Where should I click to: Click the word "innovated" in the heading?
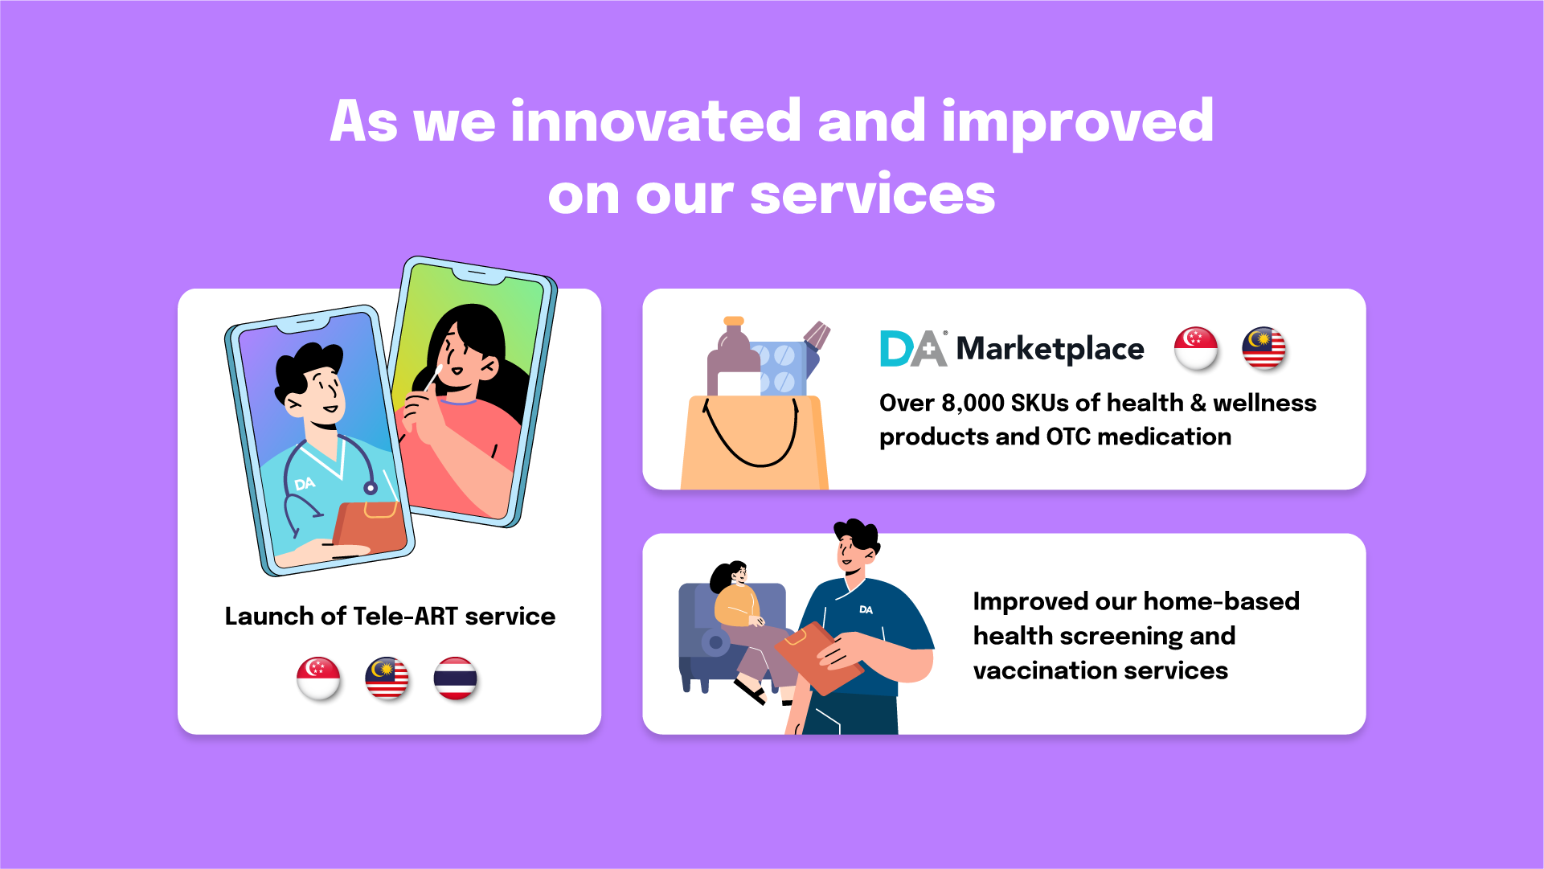pos(655,121)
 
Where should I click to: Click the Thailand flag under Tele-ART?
pos(456,678)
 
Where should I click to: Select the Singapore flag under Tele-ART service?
pos(318,678)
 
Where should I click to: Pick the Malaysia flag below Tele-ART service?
pos(387,678)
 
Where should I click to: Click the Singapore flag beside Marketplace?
pos(1196,348)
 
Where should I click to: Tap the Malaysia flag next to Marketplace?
pos(1263,348)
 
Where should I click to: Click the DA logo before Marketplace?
pos(913,348)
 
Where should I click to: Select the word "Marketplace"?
pos(1050,349)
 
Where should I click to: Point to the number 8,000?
pos(973,403)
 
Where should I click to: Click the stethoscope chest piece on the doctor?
pos(371,487)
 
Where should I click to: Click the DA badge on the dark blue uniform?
pos(866,609)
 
